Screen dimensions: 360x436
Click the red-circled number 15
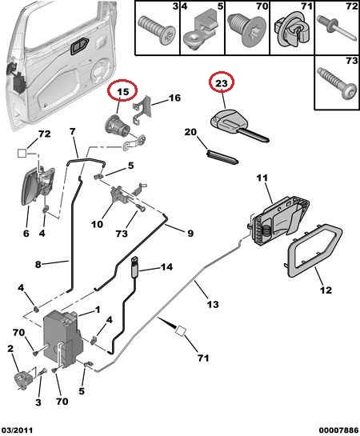123,91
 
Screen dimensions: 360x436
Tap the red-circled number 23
222,83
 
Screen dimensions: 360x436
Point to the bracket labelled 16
143,110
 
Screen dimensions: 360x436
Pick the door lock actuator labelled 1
63,338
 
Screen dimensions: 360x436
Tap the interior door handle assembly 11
279,221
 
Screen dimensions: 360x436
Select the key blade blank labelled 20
222,157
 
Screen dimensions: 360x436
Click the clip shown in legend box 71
292,30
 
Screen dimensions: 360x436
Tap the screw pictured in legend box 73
337,82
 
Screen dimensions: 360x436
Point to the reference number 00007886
338,430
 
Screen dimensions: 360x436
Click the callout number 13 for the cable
213,304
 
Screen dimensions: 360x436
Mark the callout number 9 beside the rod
190,233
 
